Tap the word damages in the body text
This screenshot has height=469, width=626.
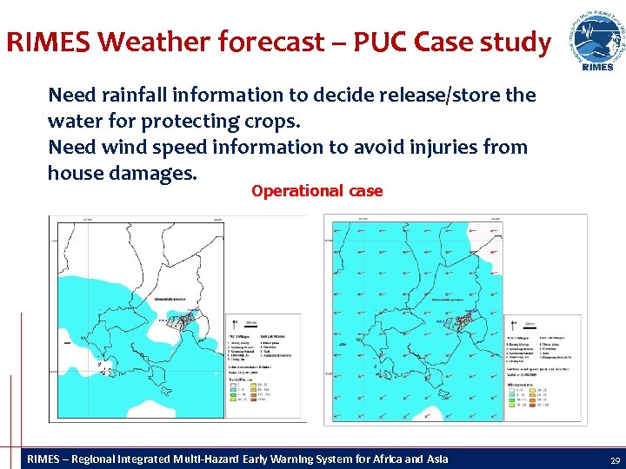(156, 173)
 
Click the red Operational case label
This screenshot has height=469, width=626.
(316, 191)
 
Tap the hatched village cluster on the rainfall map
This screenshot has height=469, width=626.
(183, 324)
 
